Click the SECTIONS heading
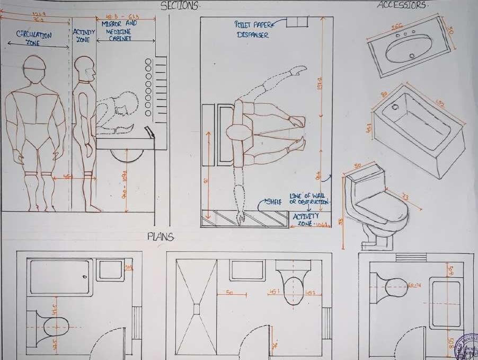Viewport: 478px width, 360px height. pos(180,6)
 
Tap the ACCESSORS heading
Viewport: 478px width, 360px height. pos(402,5)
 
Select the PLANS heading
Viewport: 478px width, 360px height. pos(161,237)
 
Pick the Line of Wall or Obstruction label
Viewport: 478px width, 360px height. pos(309,199)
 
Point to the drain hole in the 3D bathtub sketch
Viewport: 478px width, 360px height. pos(394,107)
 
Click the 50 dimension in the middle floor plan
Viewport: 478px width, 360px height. pos(229,292)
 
